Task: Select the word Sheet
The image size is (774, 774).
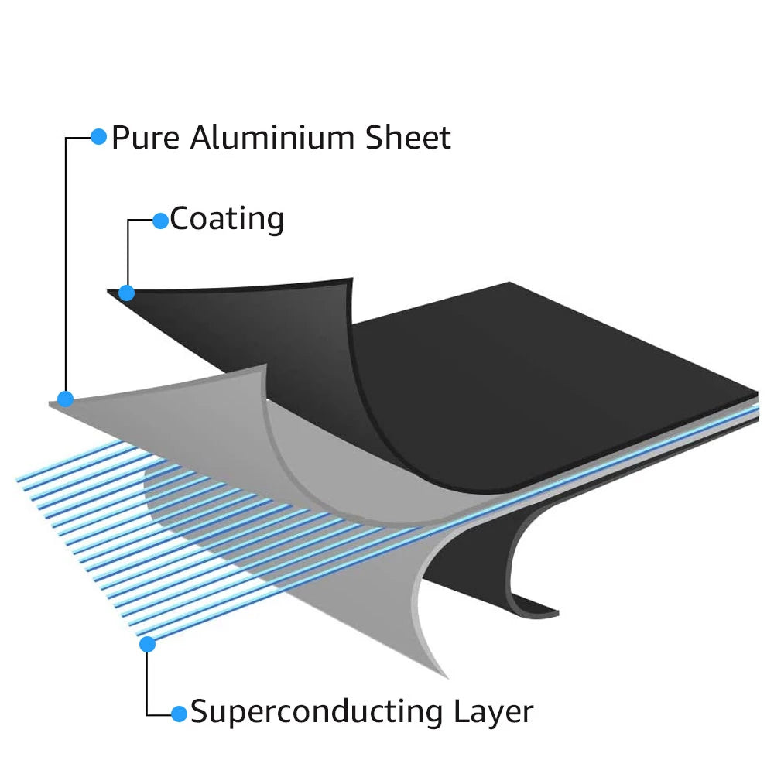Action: point(408,138)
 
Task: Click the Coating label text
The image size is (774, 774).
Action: point(227,220)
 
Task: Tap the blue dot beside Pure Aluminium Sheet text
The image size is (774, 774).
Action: point(98,136)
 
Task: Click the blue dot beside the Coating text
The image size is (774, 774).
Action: point(160,221)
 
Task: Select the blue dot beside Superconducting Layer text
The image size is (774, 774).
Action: point(179,713)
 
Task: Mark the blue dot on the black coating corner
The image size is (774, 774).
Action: point(127,293)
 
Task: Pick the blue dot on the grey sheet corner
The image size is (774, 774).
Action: point(66,399)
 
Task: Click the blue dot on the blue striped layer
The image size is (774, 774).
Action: point(147,643)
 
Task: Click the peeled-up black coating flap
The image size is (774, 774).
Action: point(255,317)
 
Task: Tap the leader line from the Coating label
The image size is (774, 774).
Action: point(128,248)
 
